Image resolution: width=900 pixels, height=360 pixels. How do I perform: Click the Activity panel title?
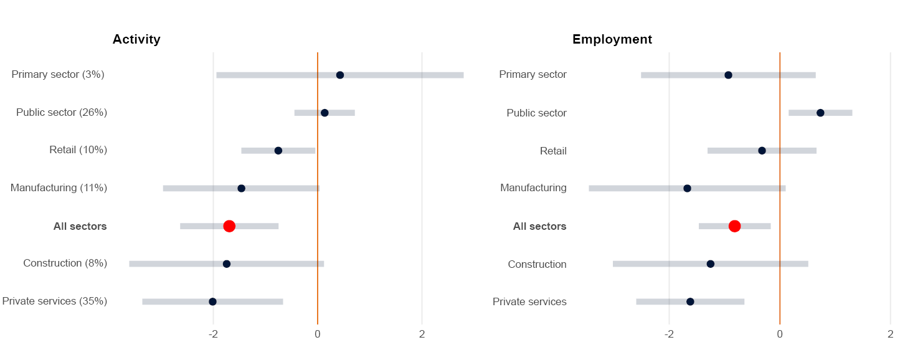coord(136,39)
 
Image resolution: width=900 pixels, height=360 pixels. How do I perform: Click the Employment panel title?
coord(612,39)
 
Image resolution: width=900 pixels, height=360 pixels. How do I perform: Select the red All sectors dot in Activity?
coord(229,226)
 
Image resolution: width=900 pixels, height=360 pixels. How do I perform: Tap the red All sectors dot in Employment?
coord(734,226)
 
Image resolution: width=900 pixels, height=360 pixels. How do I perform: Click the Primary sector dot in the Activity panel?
coord(340,75)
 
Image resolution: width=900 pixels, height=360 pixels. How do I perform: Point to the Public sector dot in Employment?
coord(820,113)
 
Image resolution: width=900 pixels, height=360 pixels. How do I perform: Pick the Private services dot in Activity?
coord(212,301)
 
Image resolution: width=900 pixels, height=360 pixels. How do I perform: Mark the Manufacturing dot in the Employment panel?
coord(687,188)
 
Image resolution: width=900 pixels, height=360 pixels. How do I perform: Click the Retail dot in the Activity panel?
coord(278,151)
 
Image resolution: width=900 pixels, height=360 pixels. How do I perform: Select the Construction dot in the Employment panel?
coord(711,264)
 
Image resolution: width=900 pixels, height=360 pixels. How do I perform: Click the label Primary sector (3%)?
coord(58,75)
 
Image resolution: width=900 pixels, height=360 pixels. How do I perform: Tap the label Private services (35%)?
coord(55,301)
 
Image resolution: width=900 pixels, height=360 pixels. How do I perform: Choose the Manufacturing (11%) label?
coord(59,188)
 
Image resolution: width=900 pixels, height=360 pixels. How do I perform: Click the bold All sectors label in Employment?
coord(539,227)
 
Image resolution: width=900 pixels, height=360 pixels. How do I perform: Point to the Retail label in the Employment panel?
coord(553,151)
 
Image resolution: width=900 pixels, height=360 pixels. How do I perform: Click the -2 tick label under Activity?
coord(213,334)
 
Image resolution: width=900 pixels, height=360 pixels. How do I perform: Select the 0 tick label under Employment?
coord(780,334)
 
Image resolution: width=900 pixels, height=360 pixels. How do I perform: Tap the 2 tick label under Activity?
coord(422,334)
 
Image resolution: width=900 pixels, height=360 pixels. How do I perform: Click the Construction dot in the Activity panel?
coord(227,264)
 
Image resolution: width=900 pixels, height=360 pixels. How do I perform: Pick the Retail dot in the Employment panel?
coord(762,151)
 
